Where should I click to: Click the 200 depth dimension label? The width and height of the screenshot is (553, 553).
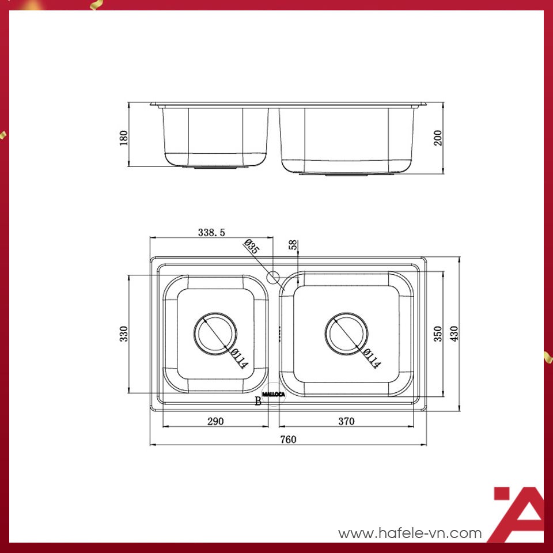(438, 138)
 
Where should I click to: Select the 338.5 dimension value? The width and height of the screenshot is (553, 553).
(211, 233)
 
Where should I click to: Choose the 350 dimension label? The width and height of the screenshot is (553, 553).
(438, 334)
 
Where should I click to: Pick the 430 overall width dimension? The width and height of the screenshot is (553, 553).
(454, 334)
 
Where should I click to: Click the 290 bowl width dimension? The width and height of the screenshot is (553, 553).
(215, 421)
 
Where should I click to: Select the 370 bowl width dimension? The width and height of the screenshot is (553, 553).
(346, 421)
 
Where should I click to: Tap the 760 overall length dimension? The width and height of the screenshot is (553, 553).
(288, 440)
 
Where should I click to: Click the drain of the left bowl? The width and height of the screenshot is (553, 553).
(215, 334)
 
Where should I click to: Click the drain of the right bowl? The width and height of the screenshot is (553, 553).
(347, 334)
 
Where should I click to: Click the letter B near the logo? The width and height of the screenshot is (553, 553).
(257, 402)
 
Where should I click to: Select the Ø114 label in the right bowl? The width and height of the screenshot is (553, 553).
(372, 357)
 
